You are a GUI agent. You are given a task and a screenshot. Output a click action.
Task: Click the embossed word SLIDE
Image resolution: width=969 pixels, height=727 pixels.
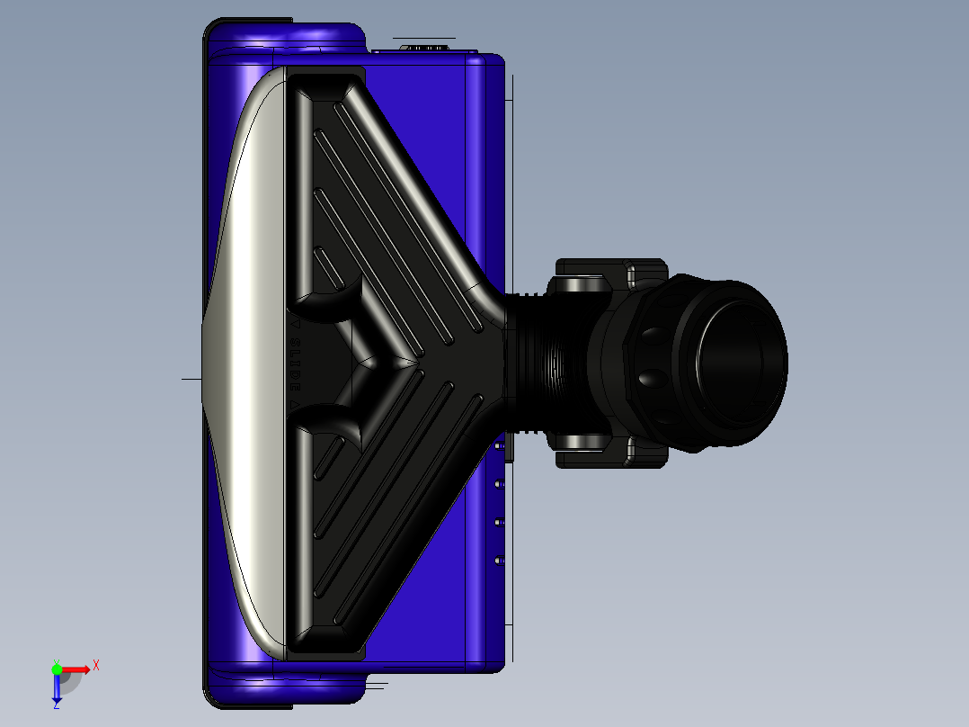pyautogui.click(x=292, y=363)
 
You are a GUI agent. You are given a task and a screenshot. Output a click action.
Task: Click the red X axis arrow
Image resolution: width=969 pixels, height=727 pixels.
pyautogui.click(x=76, y=669)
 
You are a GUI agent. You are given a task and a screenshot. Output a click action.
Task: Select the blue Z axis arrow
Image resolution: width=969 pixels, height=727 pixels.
pyautogui.click(x=57, y=688)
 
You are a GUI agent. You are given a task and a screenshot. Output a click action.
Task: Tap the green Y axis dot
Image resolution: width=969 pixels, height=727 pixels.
pyautogui.click(x=57, y=669)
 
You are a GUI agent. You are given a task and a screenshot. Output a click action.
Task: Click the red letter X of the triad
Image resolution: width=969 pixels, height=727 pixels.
pyautogui.click(x=95, y=666)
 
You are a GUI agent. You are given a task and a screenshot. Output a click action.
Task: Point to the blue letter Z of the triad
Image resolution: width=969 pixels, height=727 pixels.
pyautogui.click(x=57, y=706)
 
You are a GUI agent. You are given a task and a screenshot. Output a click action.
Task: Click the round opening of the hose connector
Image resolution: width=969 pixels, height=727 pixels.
pyautogui.click(x=740, y=362)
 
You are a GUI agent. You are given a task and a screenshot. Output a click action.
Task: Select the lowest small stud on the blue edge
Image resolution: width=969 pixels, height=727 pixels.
pyautogui.click(x=498, y=561)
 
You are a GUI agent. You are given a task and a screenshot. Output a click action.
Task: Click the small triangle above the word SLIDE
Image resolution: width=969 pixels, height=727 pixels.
pyautogui.click(x=293, y=321)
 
